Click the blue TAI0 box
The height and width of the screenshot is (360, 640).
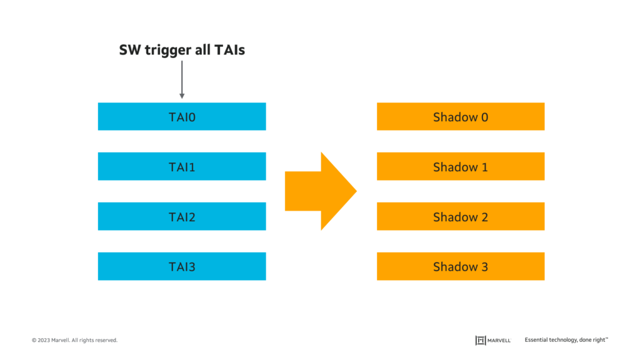182,117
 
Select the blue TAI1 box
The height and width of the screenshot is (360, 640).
182,167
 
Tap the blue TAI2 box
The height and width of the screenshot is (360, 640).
182,217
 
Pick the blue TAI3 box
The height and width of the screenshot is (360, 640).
182,267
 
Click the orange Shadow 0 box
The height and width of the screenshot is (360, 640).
461,117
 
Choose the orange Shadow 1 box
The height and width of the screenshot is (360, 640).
461,167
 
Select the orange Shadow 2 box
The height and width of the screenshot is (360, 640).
461,217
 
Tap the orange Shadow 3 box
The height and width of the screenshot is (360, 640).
461,267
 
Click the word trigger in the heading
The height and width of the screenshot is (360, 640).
166,51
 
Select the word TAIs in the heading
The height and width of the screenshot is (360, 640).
229,50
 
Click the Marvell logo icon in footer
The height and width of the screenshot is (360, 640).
481,340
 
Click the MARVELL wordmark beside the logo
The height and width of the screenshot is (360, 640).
500,341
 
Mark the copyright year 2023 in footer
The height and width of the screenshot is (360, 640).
44,341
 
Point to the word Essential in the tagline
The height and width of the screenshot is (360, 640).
537,340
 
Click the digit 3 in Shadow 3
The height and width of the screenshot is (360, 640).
484,267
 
